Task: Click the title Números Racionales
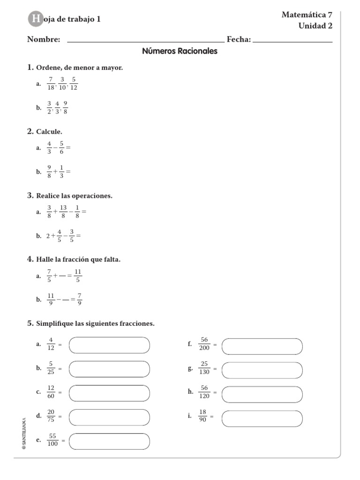[x=180, y=52]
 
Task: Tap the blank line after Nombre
[x=146, y=41]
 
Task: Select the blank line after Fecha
[x=292, y=41]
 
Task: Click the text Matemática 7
[x=307, y=15]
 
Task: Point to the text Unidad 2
[x=315, y=26]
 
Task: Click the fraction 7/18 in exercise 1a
[x=51, y=83]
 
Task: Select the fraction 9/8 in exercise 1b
[x=65, y=107]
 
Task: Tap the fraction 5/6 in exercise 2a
[x=61, y=148]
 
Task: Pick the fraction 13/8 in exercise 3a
[x=63, y=212]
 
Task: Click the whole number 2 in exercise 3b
[x=48, y=236]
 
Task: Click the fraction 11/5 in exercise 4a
[x=78, y=276]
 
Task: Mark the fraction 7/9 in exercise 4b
[x=80, y=299]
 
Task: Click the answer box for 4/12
[x=109, y=345]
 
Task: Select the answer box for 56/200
[x=262, y=346]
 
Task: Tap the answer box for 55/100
[x=109, y=441]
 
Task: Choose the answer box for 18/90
[x=262, y=418]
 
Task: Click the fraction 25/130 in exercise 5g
[x=204, y=368]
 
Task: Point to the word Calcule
[x=49, y=132]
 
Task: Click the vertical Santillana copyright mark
[x=24, y=434]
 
